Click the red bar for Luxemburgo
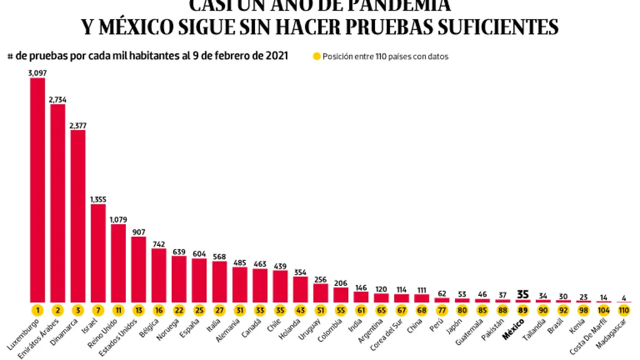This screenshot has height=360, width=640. [x=37, y=189]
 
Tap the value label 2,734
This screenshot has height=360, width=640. [x=58, y=99]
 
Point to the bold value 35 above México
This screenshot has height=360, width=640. [x=523, y=293]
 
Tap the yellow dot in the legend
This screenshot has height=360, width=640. [x=317, y=56]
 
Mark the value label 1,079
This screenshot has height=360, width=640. [x=118, y=219]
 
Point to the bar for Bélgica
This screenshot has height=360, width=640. [x=159, y=275]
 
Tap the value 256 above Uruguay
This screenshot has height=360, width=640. [x=321, y=279]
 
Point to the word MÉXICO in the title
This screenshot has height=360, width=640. [x=133, y=27]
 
